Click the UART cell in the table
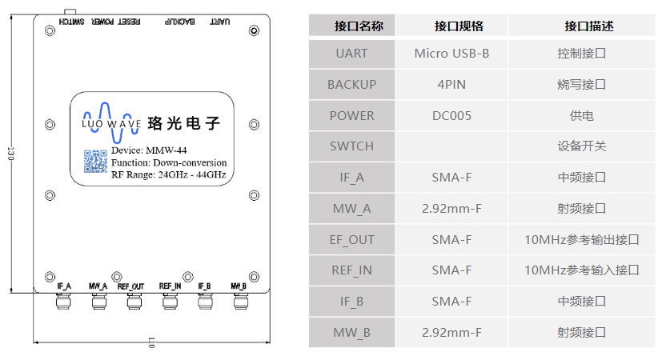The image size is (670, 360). point(351,54)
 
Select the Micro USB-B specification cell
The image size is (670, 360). point(451,54)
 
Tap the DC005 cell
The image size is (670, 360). point(451,115)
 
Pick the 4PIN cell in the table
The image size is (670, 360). point(451,84)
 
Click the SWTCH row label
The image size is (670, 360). point(351,146)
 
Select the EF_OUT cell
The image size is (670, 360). point(351,239)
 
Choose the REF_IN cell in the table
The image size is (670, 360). point(351,270)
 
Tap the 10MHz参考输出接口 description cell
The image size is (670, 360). point(581,239)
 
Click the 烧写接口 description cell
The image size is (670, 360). point(581,84)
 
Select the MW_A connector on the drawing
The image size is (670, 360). point(98,302)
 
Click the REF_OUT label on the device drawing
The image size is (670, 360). point(130,286)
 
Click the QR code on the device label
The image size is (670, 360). point(95,162)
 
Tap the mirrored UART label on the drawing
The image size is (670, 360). point(221,22)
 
